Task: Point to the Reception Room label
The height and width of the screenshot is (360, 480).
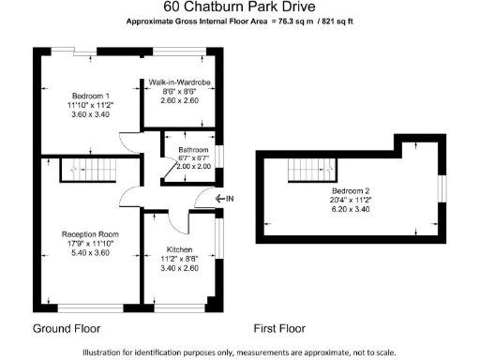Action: pos(90,233)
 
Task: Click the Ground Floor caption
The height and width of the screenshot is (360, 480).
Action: pos(67,329)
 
